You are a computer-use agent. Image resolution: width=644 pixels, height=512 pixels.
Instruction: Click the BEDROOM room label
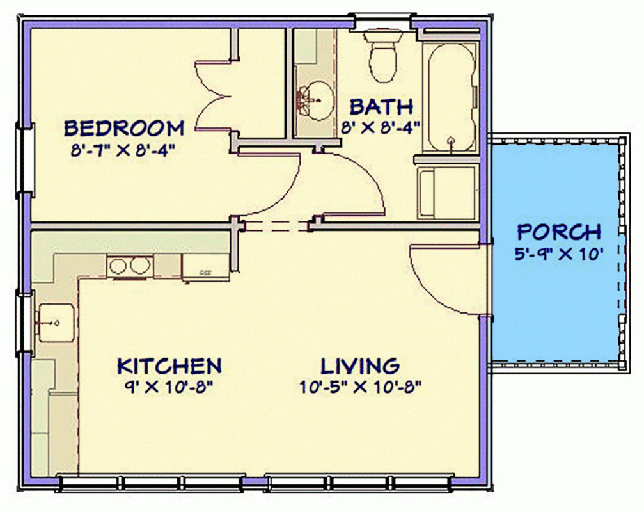click(124, 128)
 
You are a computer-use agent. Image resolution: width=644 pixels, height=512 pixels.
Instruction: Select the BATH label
click(381, 106)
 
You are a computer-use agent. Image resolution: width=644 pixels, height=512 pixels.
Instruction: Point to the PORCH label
click(558, 231)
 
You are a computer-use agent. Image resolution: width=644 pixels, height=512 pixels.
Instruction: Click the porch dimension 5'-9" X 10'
click(559, 254)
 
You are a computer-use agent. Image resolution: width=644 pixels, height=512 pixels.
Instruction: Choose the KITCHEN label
click(169, 366)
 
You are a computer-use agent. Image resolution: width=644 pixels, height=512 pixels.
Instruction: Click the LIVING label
click(360, 366)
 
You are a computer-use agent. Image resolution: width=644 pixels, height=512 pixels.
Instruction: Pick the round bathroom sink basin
click(315, 101)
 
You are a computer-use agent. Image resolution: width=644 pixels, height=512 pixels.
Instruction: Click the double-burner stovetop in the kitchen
click(130, 266)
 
